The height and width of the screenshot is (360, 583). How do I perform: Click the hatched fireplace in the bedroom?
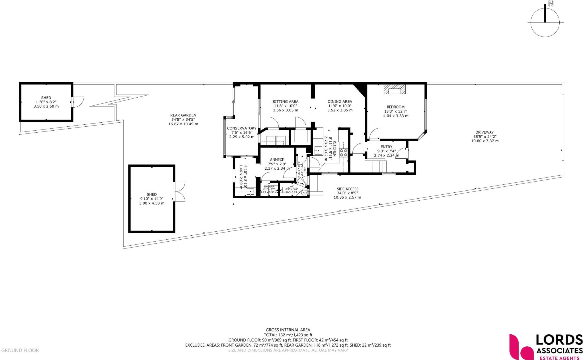pyautogui.click(x=394, y=90)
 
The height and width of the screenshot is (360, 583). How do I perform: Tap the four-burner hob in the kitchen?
pyautogui.click(x=344, y=153)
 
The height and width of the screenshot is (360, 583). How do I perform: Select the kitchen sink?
pyautogui.click(x=318, y=150)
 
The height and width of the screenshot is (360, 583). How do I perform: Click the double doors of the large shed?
pyautogui.click(x=180, y=192)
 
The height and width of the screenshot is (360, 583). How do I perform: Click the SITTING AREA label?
pyautogui.click(x=285, y=102)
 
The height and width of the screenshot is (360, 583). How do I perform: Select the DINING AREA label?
pyautogui.click(x=340, y=102)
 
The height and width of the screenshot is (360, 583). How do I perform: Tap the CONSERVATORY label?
pyautogui.click(x=241, y=128)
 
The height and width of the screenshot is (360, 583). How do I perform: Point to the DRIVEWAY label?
pyautogui.click(x=484, y=132)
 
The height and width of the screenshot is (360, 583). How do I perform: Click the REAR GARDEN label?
pyautogui.click(x=183, y=115)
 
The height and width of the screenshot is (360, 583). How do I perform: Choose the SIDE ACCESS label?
pyautogui.click(x=347, y=189)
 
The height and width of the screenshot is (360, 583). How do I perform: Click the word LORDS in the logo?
pyautogui.click(x=559, y=340)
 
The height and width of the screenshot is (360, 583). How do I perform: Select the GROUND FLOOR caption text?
pyautogui.click(x=20, y=350)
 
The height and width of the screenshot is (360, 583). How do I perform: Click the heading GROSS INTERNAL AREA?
pyautogui.click(x=288, y=330)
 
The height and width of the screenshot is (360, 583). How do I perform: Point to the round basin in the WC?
pyautogui.click(x=304, y=193)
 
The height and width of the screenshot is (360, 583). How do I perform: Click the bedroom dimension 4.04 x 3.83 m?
pyautogui.click(x=395, y=116)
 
